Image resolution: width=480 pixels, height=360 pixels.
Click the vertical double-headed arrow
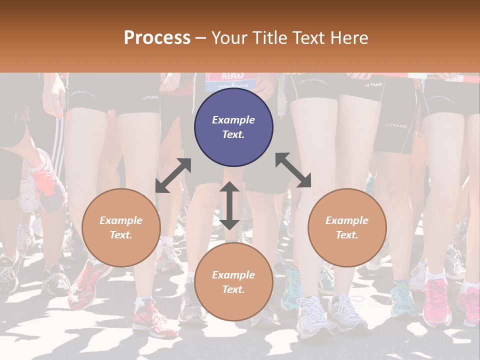tap(229, 205)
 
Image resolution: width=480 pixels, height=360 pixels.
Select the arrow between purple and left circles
tap(173, 175)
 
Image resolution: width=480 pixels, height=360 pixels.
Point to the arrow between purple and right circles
tap(293, 170)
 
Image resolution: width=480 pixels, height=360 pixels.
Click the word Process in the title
tap(157, 38)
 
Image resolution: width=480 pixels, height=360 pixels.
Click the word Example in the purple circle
tap(233, 120)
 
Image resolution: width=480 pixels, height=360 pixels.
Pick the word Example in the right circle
tap(347, 220)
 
